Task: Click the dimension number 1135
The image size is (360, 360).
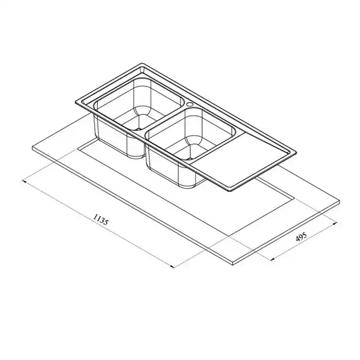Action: (100, 220)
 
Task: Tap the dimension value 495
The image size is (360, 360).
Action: (301, 237)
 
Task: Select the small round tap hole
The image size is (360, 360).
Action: (190, 104)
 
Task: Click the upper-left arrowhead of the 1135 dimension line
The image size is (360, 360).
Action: (23, 181)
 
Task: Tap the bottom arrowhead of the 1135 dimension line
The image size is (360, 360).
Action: (172, 266)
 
